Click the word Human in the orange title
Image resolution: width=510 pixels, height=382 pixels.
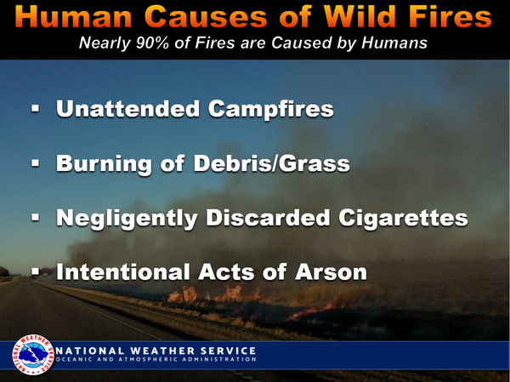(x=73, y=16)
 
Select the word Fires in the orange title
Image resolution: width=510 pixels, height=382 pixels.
(x=450, y=16)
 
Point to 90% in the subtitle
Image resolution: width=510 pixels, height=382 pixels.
(x=152, y=43)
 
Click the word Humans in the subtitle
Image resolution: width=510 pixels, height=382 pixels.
(x=394, y=43)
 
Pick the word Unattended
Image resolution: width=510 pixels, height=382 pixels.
(x=127, y=108)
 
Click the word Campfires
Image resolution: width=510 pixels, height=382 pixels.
(x=271, y=109)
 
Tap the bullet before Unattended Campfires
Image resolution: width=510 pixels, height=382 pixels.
(x=36, y=108)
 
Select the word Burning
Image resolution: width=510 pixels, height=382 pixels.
(x=104, y=163)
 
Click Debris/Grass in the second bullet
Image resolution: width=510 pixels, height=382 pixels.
(x=272, y=162)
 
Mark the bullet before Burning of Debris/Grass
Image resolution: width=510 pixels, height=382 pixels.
(x=36, y=162)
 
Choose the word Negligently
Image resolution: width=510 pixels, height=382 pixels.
(x=127, y=218)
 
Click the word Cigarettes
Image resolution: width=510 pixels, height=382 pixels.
(x=403, y=218)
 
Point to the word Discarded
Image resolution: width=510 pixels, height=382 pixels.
(x=269, y=217)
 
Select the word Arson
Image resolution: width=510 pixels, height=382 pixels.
(x=331, y=272)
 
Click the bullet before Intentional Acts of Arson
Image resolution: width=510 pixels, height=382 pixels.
(x=36, y=271)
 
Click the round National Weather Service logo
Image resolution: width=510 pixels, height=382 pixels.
(x=33, y=355)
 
